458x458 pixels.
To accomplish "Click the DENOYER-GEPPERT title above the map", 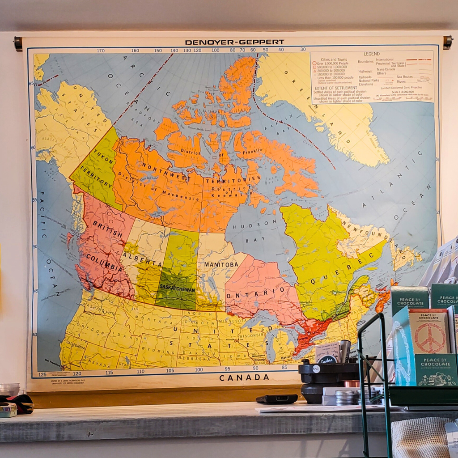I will [234, 42].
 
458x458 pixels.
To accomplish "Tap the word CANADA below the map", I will [244, 377].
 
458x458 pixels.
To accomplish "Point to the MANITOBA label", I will [221, 264].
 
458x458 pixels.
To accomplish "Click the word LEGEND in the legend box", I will [371, 54].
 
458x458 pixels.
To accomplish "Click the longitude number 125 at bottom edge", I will [42, 374].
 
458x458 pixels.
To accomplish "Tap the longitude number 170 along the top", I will [101, 51].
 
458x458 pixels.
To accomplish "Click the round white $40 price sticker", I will [316, 369].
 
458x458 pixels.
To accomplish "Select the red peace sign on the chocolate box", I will [430, 338].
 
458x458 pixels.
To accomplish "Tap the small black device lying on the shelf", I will [276, 399].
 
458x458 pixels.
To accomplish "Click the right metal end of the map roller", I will [447, 42].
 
